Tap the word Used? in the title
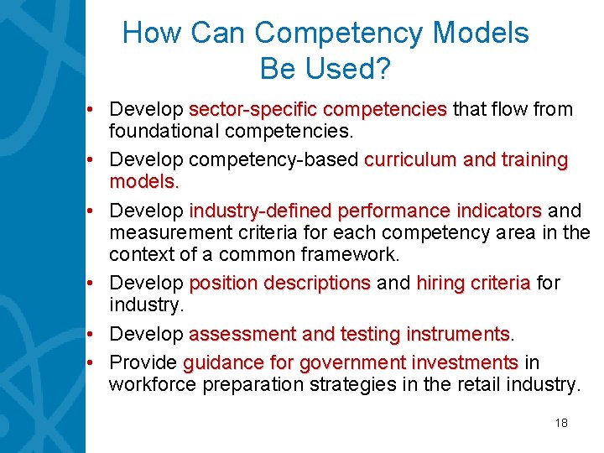tap(351, 69)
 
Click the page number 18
tap(561, 423)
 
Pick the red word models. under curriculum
tap(144, 182)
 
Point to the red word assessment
tap(242, 334)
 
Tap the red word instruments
tap(458, 334)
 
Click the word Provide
tap(143, 362)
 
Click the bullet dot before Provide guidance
tap(99, 362)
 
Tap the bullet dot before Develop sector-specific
tap(99, 109)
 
